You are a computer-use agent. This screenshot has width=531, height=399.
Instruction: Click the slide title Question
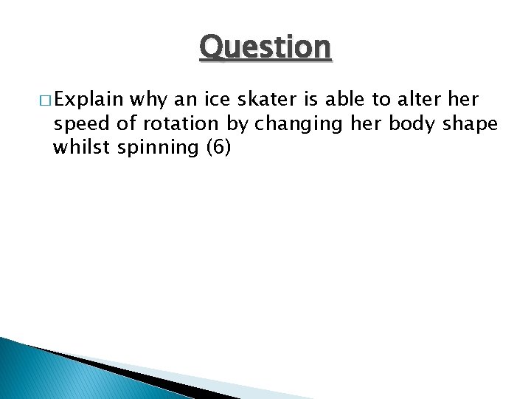point(265,48)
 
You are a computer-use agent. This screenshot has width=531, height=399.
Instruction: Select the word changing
point(291,124)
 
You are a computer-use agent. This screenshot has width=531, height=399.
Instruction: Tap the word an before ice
point(185,99)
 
